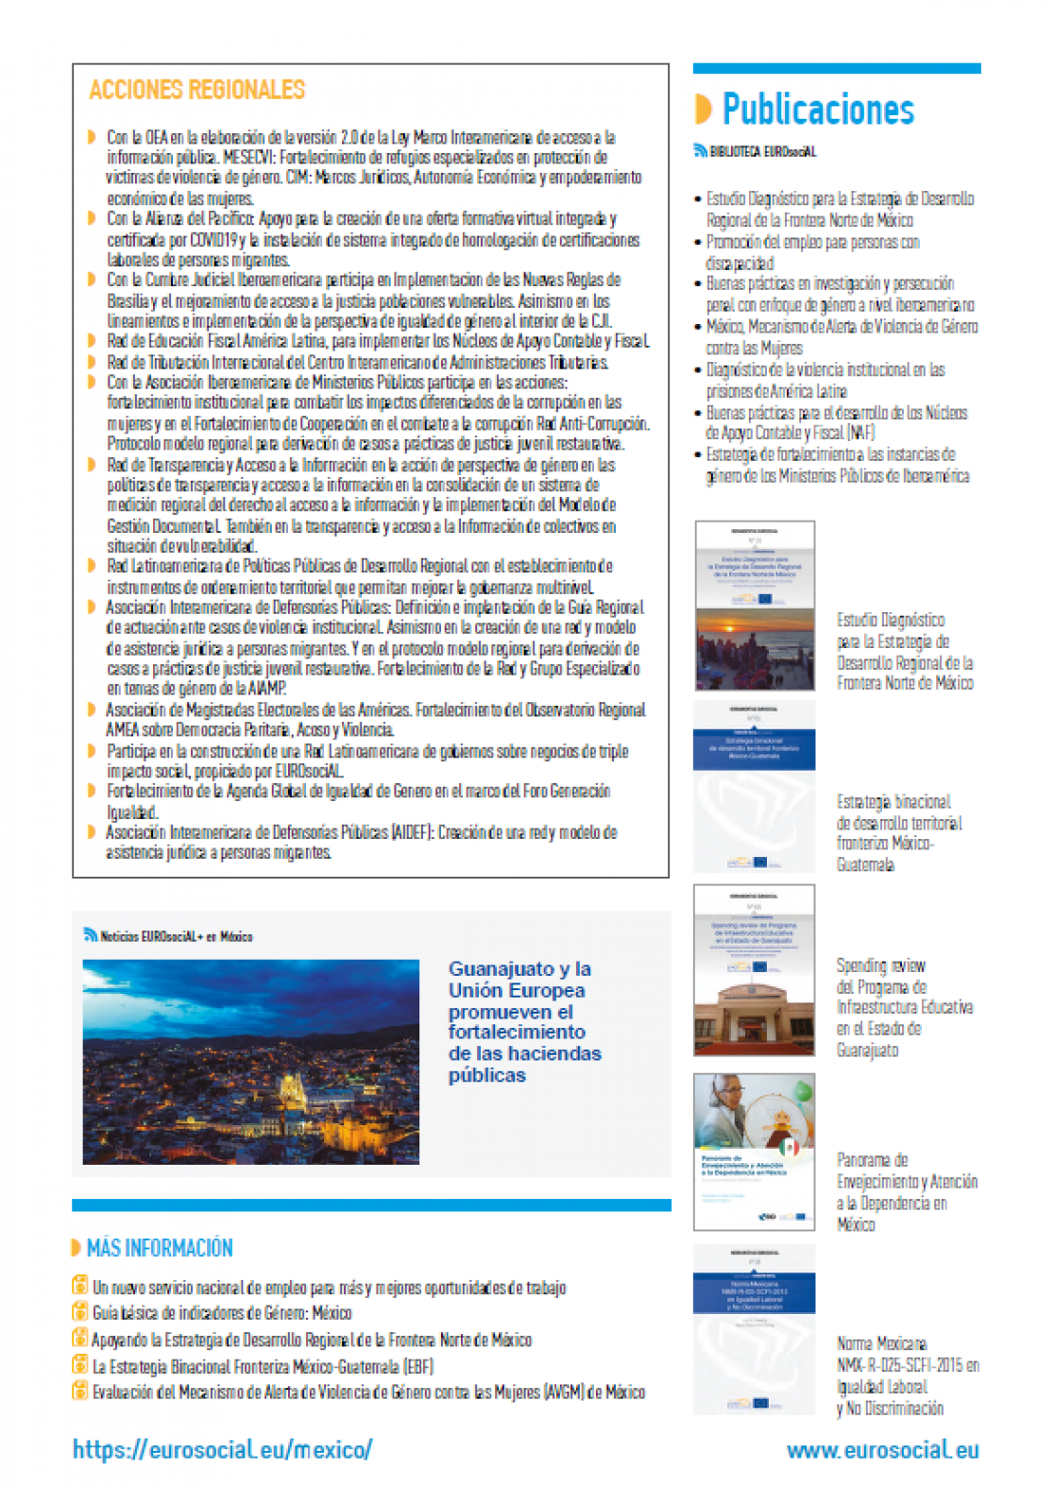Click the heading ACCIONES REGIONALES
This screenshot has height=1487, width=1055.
tap(196, 91)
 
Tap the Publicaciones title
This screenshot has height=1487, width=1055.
tap(818, 110)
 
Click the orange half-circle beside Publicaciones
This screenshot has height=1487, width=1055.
tap(703, 110)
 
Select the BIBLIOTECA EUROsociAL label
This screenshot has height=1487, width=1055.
tap(762, 151)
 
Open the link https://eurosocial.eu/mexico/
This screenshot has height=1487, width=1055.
tap(223, 1449)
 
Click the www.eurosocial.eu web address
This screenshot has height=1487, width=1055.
tap(882, 1450)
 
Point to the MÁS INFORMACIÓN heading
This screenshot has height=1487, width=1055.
tap(159, 1248)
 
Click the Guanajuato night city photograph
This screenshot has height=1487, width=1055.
tap(250, 1062)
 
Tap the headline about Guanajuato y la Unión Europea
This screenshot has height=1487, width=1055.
tap(524, 1021)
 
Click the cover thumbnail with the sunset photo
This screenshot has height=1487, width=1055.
tap(754, 606)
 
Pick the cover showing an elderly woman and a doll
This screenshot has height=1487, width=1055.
tap(754, 1152)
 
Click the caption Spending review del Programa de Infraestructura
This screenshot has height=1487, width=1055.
tap(904, 1007)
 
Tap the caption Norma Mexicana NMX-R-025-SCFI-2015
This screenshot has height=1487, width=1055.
tap(907, 1376)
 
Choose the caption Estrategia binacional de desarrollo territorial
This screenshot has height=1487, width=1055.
tap(898, 832)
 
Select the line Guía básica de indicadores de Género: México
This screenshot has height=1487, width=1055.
tap(222, 1313)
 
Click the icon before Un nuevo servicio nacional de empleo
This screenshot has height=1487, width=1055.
tap(80, 1286)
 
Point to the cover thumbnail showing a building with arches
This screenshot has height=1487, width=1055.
tap(754, 970)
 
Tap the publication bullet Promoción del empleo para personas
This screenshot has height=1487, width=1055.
tap(811, 252)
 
